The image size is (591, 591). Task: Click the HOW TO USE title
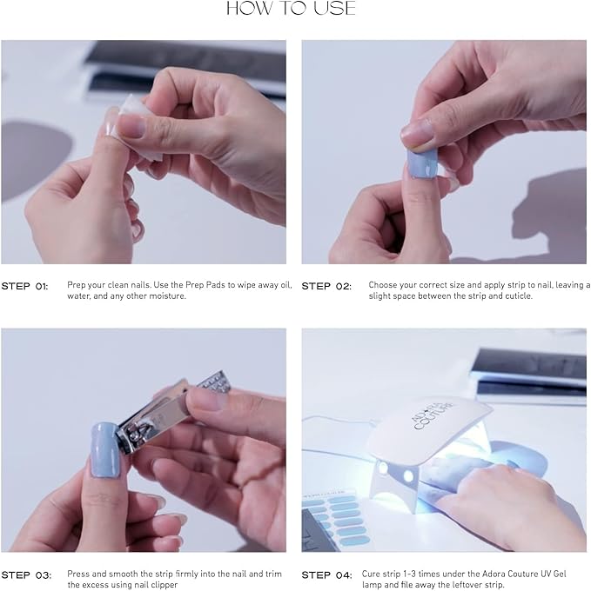pos(291,8)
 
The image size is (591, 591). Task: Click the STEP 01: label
pos(25,286)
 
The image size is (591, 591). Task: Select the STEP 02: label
pos(326,286)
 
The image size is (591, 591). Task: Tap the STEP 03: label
pos(26,575)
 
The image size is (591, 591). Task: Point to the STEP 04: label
pos(326,575)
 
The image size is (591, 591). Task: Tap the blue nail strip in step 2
pos(422,165)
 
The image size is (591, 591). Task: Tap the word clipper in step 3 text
pos(165,585)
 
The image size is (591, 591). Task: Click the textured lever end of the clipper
pos(214,381)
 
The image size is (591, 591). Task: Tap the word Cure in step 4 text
pos(371,574)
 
